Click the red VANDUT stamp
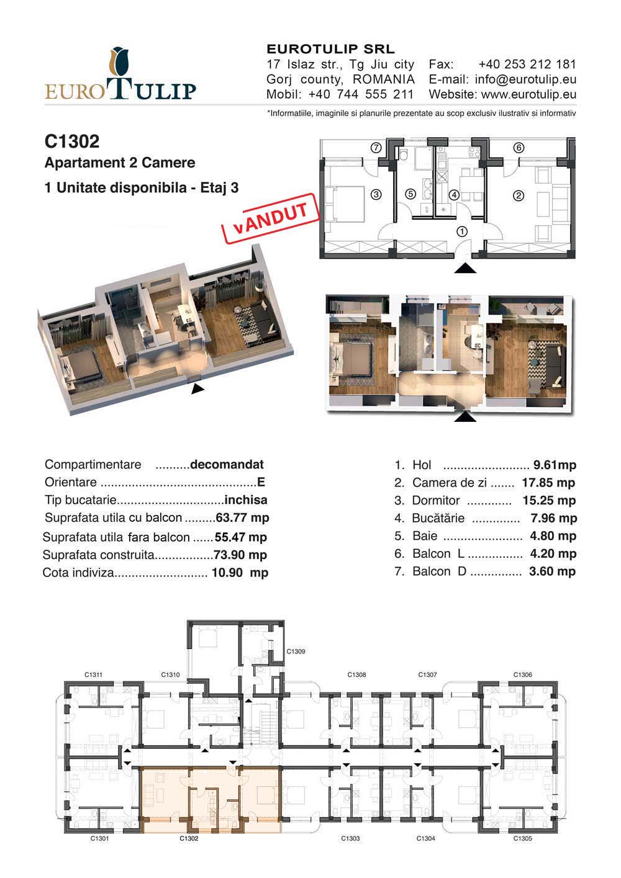pos(271,218)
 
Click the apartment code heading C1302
pos(72,141)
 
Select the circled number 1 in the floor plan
pos(462,231)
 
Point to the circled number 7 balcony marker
pos(376,148)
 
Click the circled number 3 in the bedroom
pos(376,194)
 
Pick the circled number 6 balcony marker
pos(519,148)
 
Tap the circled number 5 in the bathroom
pos(410,194)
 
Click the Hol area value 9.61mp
pos(555,465)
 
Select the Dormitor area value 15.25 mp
pos(549,501)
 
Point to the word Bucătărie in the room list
pos(438,518)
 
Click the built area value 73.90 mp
pos(240,555)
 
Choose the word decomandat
pos(227,465)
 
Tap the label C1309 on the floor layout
pos(296,652)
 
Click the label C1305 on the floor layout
pos(522,838)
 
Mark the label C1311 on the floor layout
pos(93,674)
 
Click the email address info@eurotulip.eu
pos(525,79)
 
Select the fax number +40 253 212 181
pos(527,65)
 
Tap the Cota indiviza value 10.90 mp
pos(240,573)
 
